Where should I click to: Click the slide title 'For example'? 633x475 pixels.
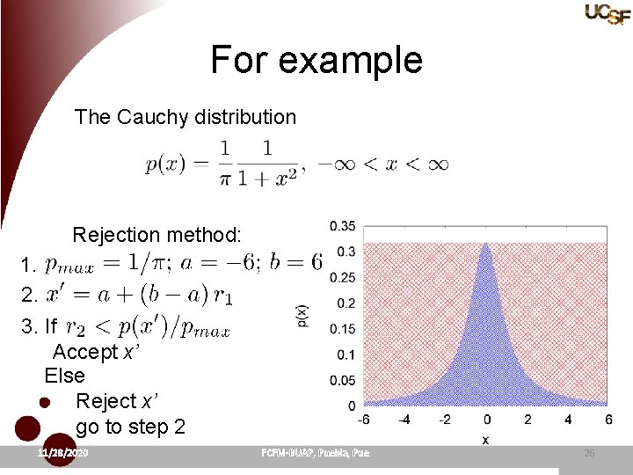pos(316,60)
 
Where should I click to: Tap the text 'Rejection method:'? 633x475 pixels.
pos(156,235)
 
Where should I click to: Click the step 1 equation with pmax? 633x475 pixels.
pos(184,263)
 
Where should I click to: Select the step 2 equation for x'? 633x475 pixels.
pos(139,295)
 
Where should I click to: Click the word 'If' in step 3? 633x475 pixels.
pos(51,327)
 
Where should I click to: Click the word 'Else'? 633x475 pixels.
pos(65,376)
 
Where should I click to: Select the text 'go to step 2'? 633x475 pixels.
pos(131,427)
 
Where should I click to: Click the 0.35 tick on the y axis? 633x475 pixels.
pos(343,226)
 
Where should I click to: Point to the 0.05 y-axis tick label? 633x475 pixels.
pos(343,380)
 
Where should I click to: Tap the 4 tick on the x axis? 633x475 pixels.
pos(569,420)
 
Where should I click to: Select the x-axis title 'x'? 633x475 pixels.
pos(485,438)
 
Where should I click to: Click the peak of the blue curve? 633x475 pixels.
pos(486,247)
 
